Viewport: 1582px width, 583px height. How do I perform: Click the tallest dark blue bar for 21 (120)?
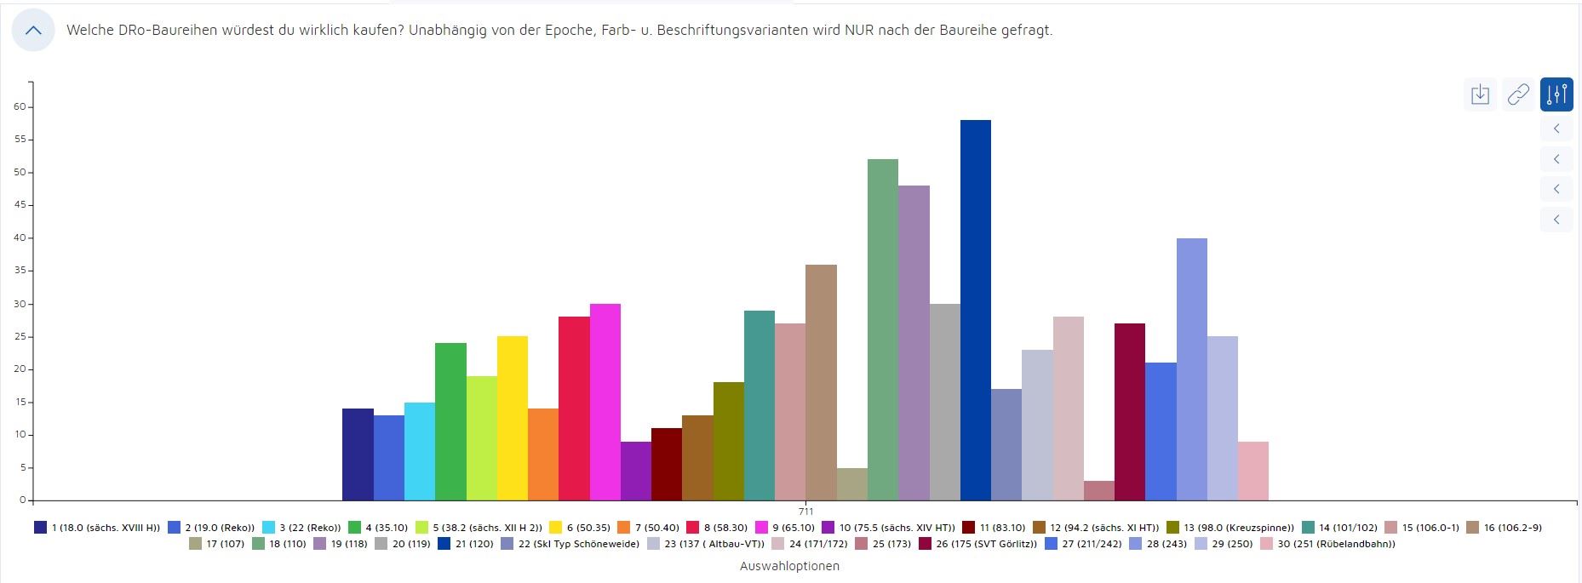975,310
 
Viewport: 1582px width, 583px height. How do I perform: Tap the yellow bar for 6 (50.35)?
512,418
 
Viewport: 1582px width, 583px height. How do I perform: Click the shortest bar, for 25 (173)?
1098,491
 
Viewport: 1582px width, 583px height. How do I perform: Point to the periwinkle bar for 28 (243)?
1191,369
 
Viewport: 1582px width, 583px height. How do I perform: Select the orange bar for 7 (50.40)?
542,454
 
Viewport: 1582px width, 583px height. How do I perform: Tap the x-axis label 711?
805,512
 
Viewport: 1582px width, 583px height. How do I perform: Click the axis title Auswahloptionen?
789,566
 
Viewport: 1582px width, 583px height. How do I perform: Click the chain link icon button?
1518,94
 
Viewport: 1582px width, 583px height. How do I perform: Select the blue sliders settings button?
1556,94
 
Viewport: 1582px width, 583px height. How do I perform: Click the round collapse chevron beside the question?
33,31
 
